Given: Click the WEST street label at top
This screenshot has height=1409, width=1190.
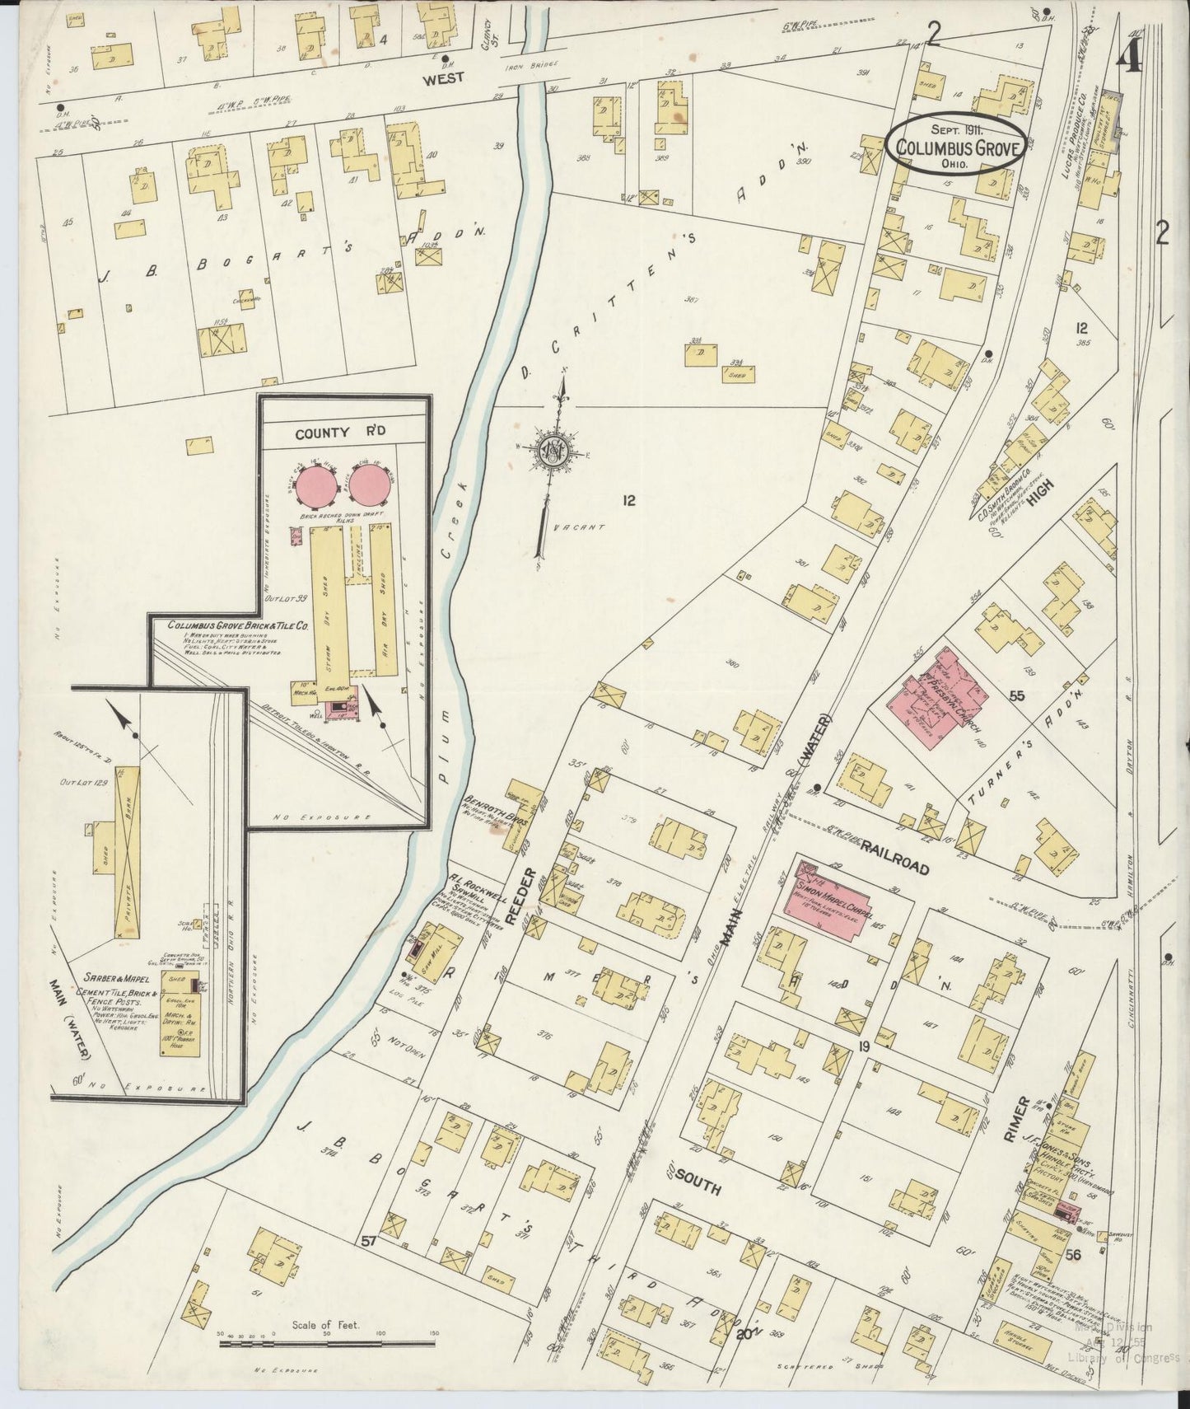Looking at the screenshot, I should pyautogui.click(x=444, y=77).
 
